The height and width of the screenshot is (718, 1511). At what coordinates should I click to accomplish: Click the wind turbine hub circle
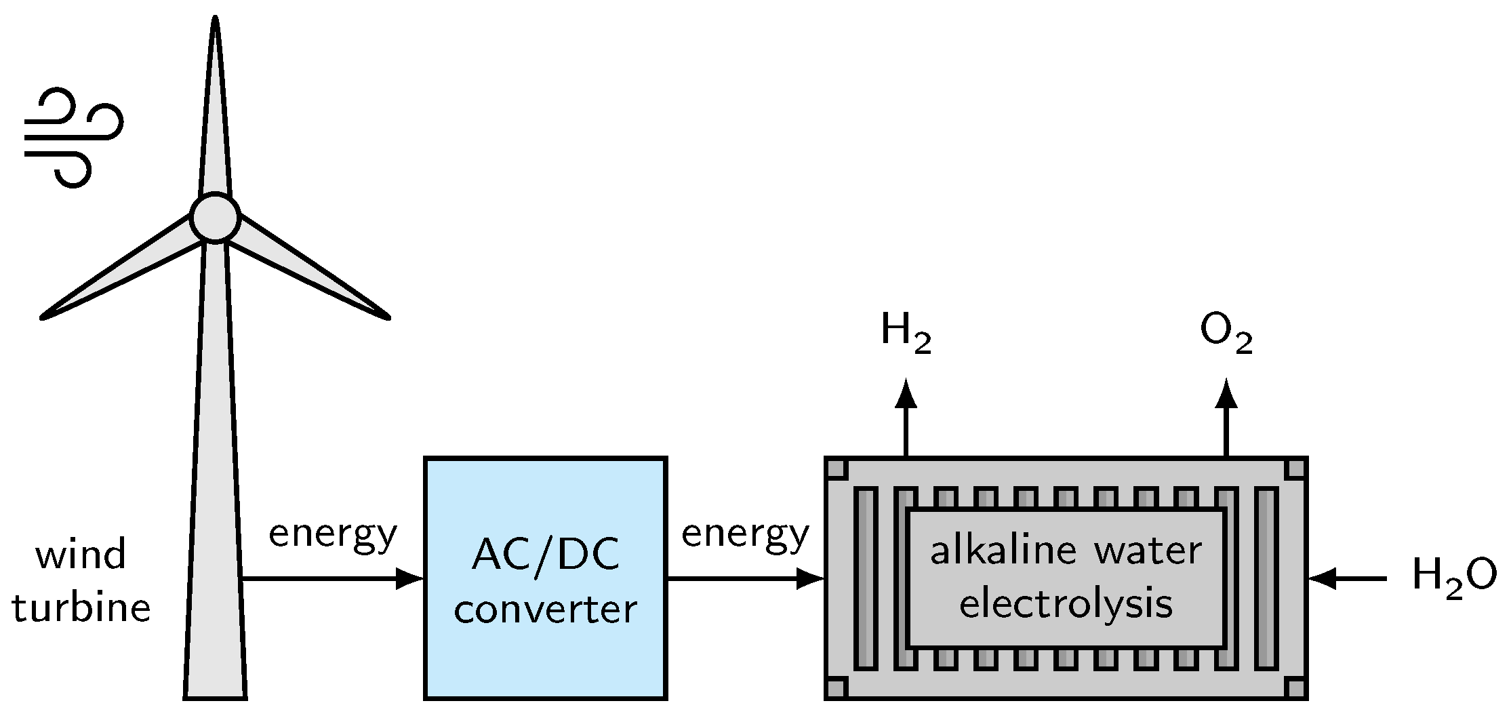pyautogui.click(x=215, y=218)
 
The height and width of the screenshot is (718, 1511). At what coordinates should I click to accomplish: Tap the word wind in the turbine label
pyautogui.click(x=81, y=555)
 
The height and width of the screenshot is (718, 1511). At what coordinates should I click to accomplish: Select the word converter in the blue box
pyautogui.click(x=545, y=609)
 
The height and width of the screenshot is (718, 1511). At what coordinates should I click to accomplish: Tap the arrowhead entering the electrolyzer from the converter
pyautogui.click(x=811, y=578)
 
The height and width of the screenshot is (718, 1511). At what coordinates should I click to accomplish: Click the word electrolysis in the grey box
pyautogui.click(x=1066, y=604)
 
